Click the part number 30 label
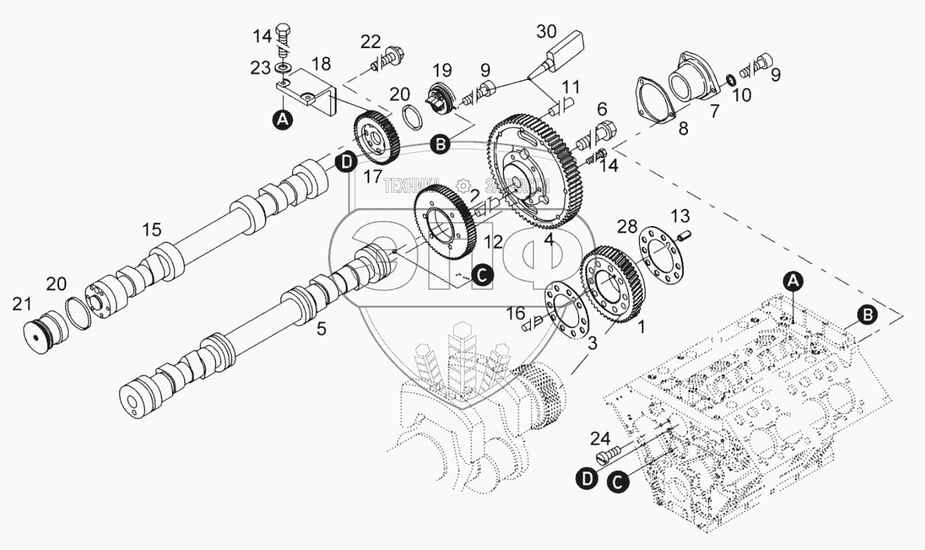[547, 33]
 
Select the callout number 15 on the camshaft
[152, 231]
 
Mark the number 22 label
[372, 41]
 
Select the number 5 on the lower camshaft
[321, 329]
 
